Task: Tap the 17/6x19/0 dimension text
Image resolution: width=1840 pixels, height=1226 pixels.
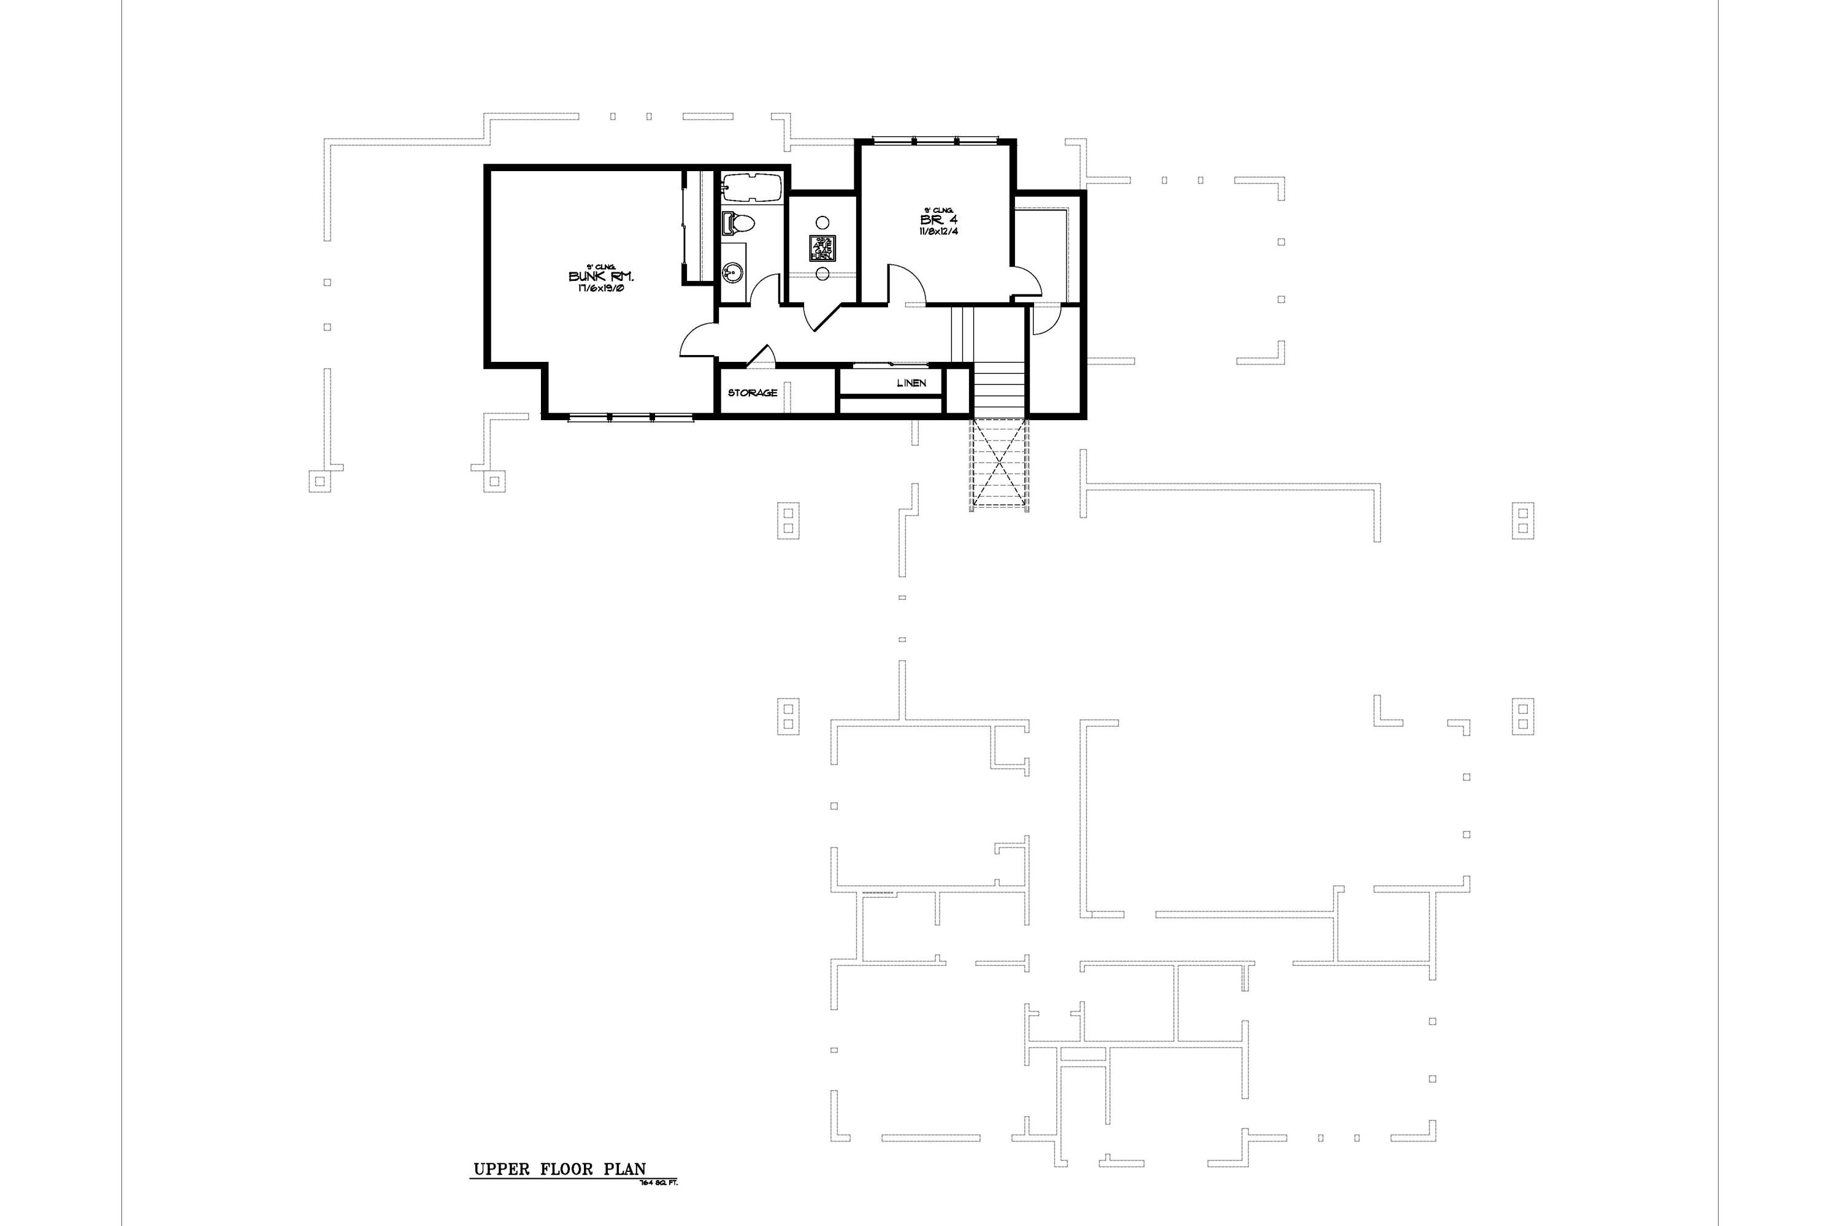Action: point(600,288)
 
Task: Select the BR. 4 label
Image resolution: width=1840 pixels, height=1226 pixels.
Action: point(938,221)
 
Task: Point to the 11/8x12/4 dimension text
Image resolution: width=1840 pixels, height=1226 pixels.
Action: point(938,231)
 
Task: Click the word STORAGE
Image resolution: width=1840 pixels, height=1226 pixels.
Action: point(753,393)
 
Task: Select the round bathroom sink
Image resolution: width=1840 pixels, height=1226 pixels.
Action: point(732,273)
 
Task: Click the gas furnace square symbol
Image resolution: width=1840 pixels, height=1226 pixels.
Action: point(822,248)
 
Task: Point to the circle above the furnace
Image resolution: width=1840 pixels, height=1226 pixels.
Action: point(822,222)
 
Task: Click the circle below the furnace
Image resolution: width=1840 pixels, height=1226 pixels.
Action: point(822,273)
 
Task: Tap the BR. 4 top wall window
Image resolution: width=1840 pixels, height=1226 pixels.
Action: point(935,140)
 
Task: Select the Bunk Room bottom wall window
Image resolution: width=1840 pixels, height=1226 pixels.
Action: point(631,418)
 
